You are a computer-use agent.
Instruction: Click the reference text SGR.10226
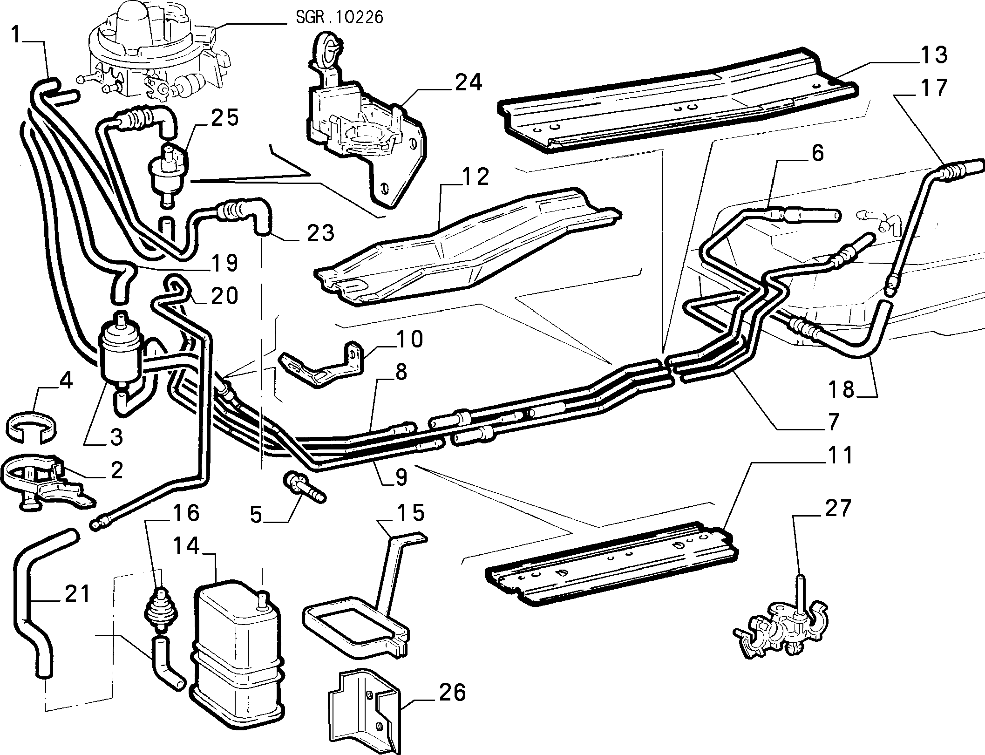(339, 18)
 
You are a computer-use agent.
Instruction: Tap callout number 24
(468, 83)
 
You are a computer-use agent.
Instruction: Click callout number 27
(836, 508)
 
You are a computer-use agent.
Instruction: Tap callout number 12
(475, 177)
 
